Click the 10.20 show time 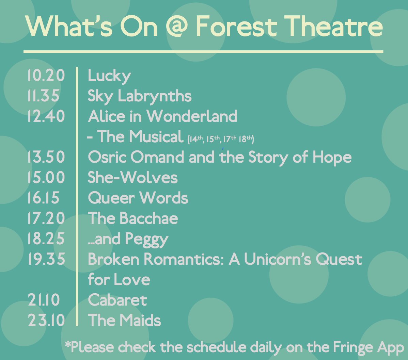[x=46, y=76]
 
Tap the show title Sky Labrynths [x=139, y=96]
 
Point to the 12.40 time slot [x=46, y=116]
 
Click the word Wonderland [x=192, y=116]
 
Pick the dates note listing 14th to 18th [x=221, y=139]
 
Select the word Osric [x=107, y=157]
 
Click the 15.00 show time [x=46, y=178]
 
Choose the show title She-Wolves [x=132, y=178]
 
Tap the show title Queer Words [x=138, y=198]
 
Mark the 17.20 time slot [x=46, y=218]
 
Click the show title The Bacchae [x=132, y=218]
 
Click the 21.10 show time [x=44, y=300]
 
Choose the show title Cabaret [x=117, y=300]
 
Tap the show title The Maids [x=124, y=321]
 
